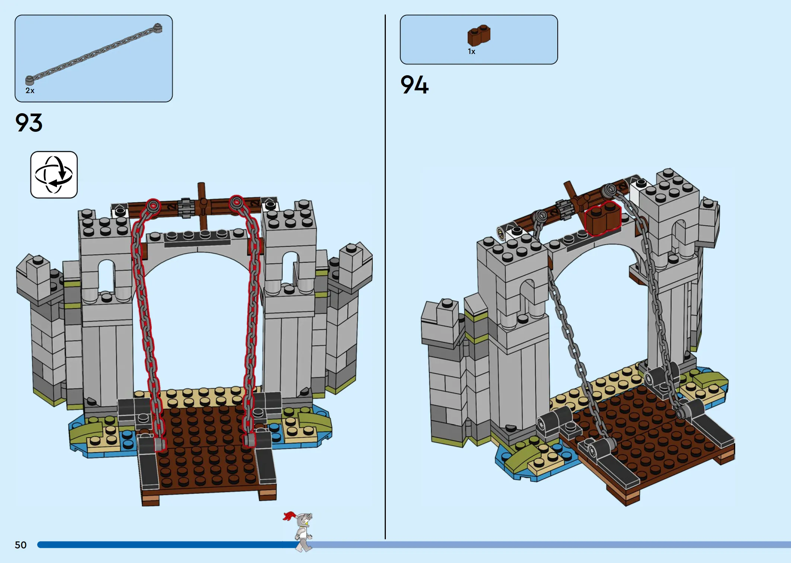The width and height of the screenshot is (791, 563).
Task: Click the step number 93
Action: (29, 123)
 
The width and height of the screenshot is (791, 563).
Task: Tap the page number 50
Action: (21, 545)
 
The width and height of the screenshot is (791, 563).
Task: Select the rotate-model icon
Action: (54, 175)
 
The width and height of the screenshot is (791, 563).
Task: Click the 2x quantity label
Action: (30, 90)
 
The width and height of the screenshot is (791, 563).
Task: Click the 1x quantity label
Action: (471, 52)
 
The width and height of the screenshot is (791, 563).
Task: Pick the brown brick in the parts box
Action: (479, 35)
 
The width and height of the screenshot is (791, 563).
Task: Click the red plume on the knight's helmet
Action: (289, 516)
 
